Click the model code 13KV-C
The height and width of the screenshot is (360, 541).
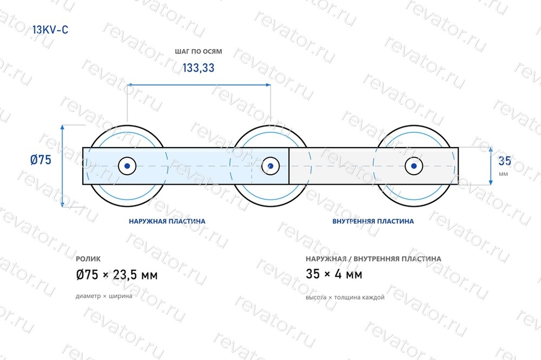tap(50, 30)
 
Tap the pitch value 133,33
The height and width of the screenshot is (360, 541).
tap(198, 68)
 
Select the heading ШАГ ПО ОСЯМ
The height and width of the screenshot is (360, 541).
tap(198, 51)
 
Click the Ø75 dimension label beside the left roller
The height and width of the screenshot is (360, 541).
tap(41, 159)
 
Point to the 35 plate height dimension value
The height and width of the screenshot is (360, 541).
tap(504, 161)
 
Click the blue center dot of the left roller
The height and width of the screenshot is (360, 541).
tap(127, 166)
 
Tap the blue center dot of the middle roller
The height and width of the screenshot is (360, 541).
tap(270, 166)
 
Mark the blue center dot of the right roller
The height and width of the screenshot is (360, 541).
tap(414, 166)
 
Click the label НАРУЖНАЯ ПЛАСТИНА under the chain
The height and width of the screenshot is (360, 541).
tap(167, 221)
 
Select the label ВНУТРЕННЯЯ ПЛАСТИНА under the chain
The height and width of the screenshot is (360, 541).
tap(373, 221)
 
